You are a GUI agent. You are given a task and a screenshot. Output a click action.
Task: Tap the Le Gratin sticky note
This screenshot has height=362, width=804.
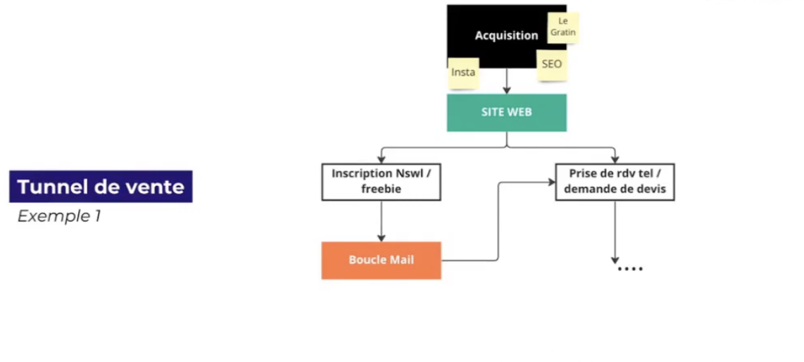pos(563,27)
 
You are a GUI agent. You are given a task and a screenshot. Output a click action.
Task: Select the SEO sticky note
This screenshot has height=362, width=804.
pos(552,64)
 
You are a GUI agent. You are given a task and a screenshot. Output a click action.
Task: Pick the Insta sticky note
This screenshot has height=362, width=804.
pos(463,73)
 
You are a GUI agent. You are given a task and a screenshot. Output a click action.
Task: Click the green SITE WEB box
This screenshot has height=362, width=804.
pos(506,113)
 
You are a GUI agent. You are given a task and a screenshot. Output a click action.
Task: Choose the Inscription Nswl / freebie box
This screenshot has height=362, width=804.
pos(381,181)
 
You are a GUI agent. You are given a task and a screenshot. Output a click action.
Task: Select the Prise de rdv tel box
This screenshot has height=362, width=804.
pos(615,181)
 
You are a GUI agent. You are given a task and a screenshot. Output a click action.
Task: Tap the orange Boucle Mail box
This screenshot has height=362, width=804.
pos(381,260)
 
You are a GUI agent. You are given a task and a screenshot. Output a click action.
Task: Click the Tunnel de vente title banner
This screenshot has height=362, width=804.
pos(101,187)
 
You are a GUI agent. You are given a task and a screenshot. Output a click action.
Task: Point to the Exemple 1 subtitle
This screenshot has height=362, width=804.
pos(59,216)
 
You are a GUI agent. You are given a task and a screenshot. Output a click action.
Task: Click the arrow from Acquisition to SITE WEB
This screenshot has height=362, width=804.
pos(506,82)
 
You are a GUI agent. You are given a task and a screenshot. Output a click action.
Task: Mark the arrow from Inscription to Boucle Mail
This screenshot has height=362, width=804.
pos(381,221)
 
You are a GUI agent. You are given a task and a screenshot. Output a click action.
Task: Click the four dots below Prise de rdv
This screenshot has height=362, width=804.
pos(630,269)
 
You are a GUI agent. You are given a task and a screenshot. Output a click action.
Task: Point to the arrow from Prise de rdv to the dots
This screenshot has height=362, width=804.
pos(615,232)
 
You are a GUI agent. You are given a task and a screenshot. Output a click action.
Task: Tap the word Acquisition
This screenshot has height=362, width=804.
pos(506,35)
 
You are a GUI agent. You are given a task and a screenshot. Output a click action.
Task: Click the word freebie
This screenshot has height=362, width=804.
pos(381,189)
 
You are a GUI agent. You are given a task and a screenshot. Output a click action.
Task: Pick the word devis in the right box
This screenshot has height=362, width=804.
pos(651,189)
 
